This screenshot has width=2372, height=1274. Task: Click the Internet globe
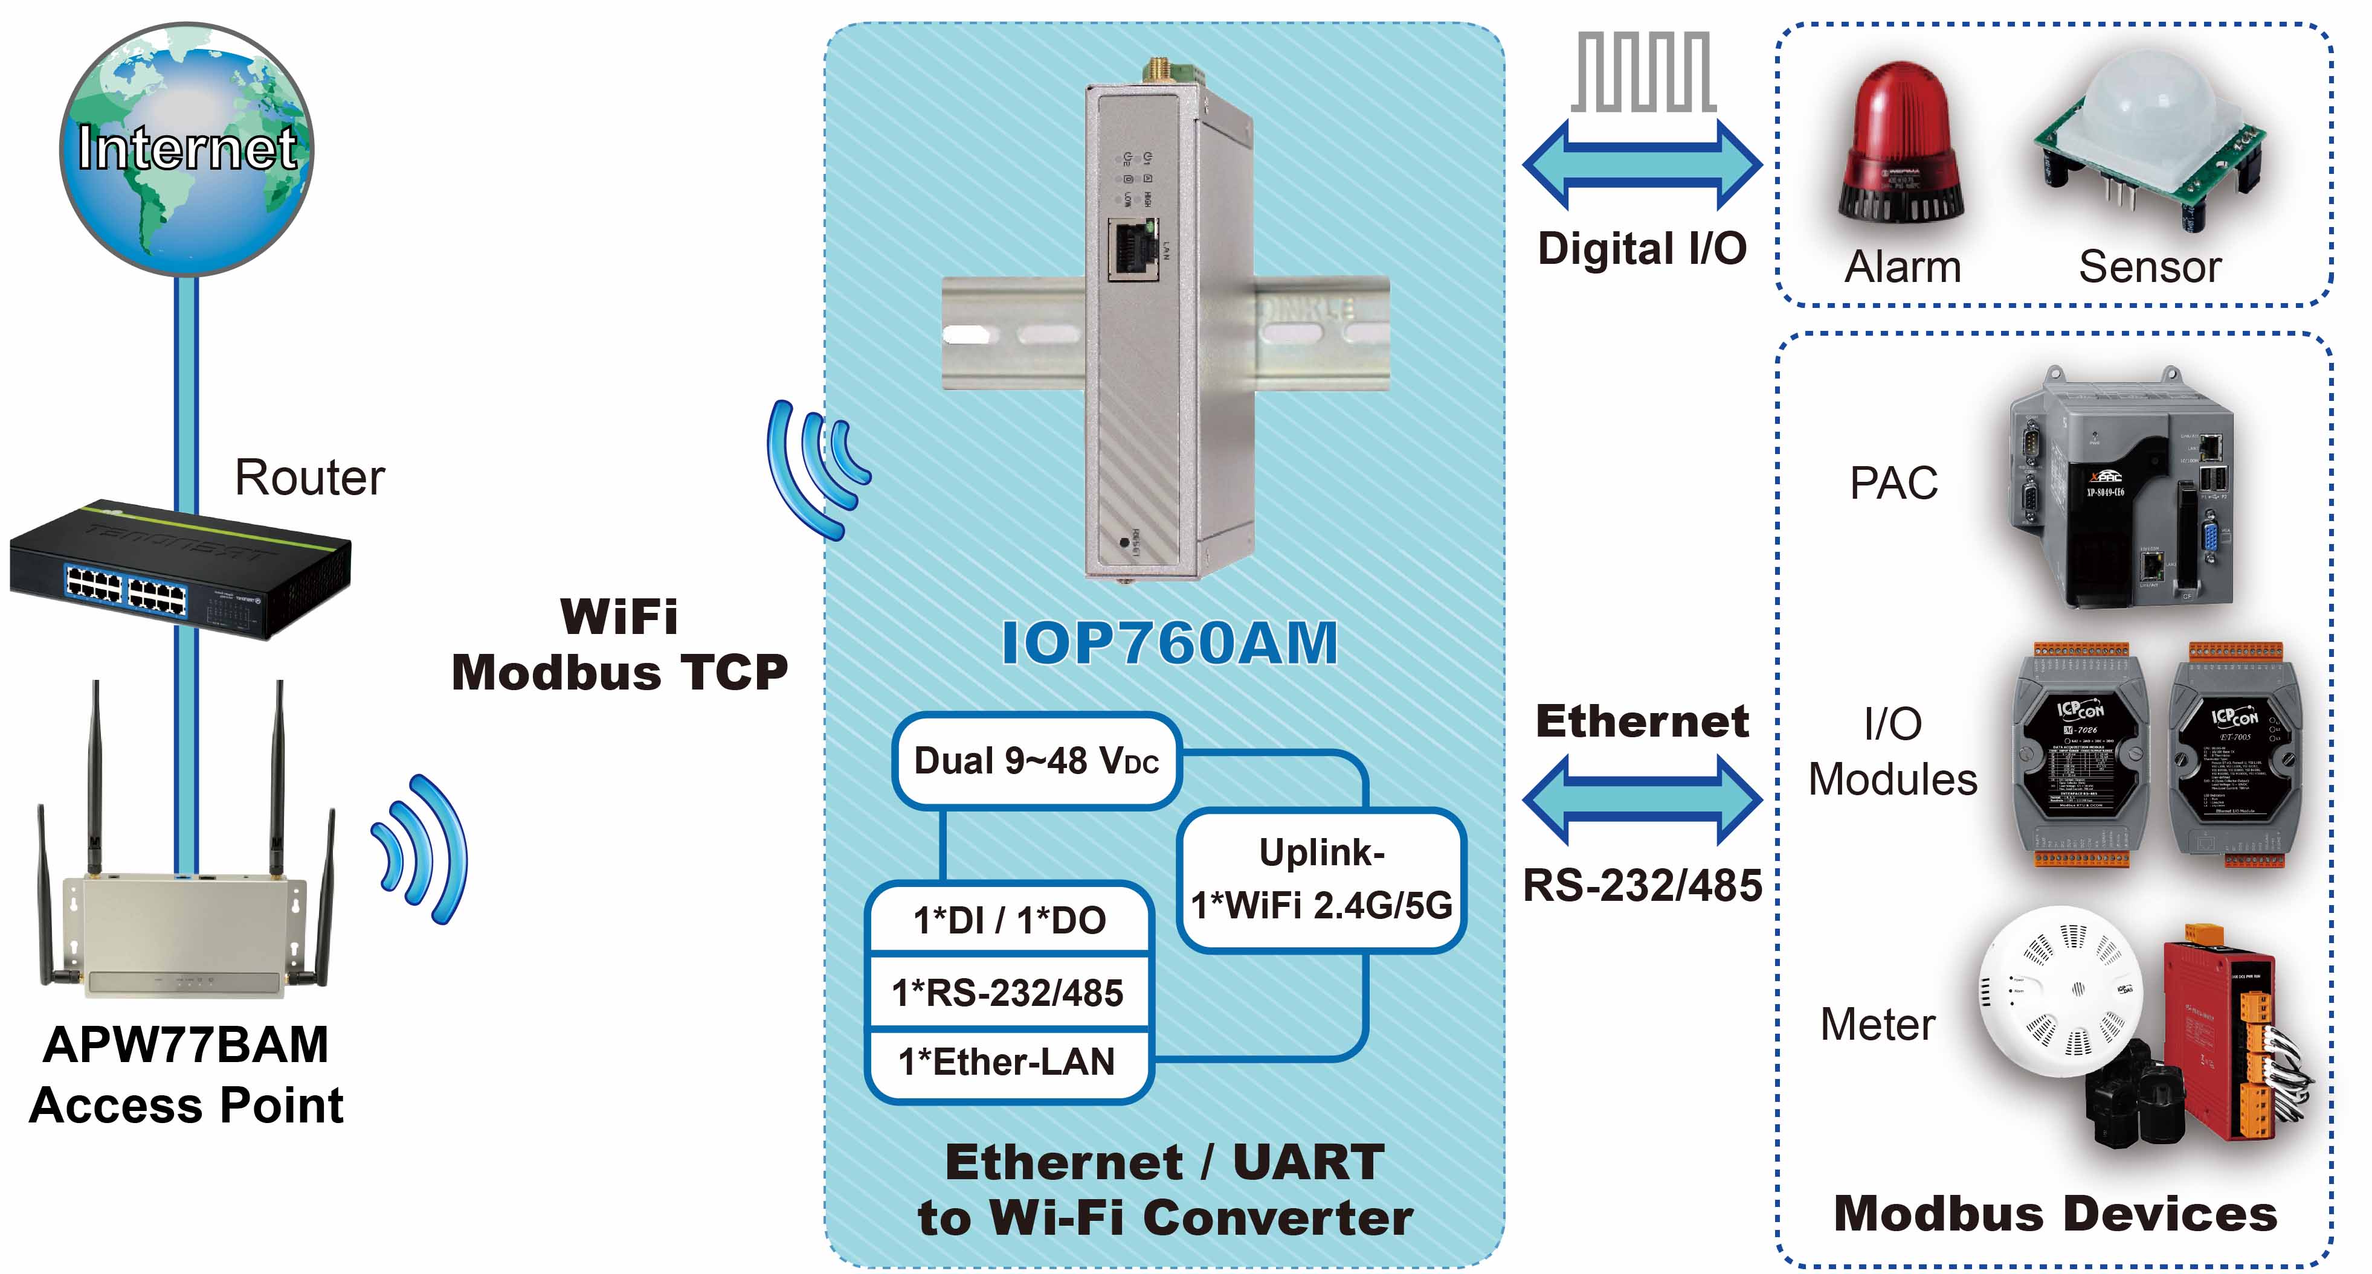point(187,149)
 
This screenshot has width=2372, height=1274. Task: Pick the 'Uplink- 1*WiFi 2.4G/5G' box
point(1321,880)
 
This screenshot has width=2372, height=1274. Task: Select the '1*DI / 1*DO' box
point(1009,920)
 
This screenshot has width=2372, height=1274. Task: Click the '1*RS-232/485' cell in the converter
point(1008,992)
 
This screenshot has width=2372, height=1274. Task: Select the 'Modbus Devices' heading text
point(2055,1212)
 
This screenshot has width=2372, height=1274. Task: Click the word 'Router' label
point(309,477)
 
